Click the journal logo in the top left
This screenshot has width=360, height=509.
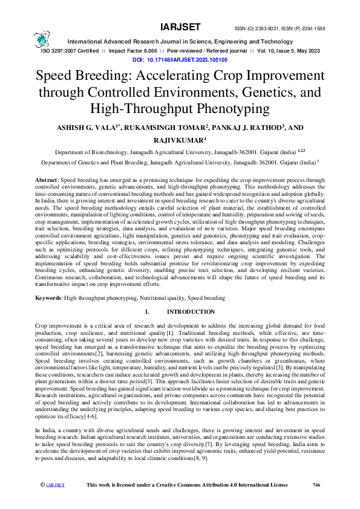click(42, 40)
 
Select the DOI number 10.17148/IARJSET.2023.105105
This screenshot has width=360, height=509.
click(188, 60)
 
